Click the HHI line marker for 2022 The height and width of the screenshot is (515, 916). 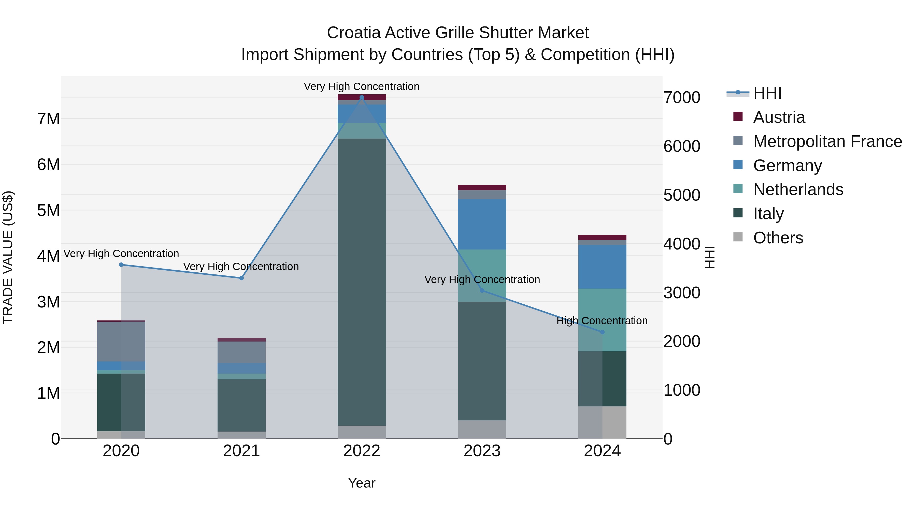coord(362,97)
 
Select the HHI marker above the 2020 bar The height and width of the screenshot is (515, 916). coord(121,265)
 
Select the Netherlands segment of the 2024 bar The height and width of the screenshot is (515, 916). coord(602,320)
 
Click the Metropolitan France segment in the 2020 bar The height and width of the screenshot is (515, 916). coord(121,342)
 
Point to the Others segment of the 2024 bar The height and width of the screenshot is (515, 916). coord(602,423)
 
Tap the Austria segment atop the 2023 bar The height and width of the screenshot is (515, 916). coord(482,188)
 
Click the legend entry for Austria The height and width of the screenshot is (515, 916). coord(779,117)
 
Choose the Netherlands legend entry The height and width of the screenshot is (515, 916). coord(798,189)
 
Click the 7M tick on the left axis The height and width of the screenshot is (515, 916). coord(48,119)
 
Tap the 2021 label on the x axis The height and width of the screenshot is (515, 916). coord(241,451)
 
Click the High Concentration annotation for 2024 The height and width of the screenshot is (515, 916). coord(602,321)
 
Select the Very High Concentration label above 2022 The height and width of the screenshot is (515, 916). coord(362,86)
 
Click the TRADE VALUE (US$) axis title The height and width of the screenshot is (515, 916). coord(8,257)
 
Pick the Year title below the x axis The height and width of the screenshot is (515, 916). coord(362,483)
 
